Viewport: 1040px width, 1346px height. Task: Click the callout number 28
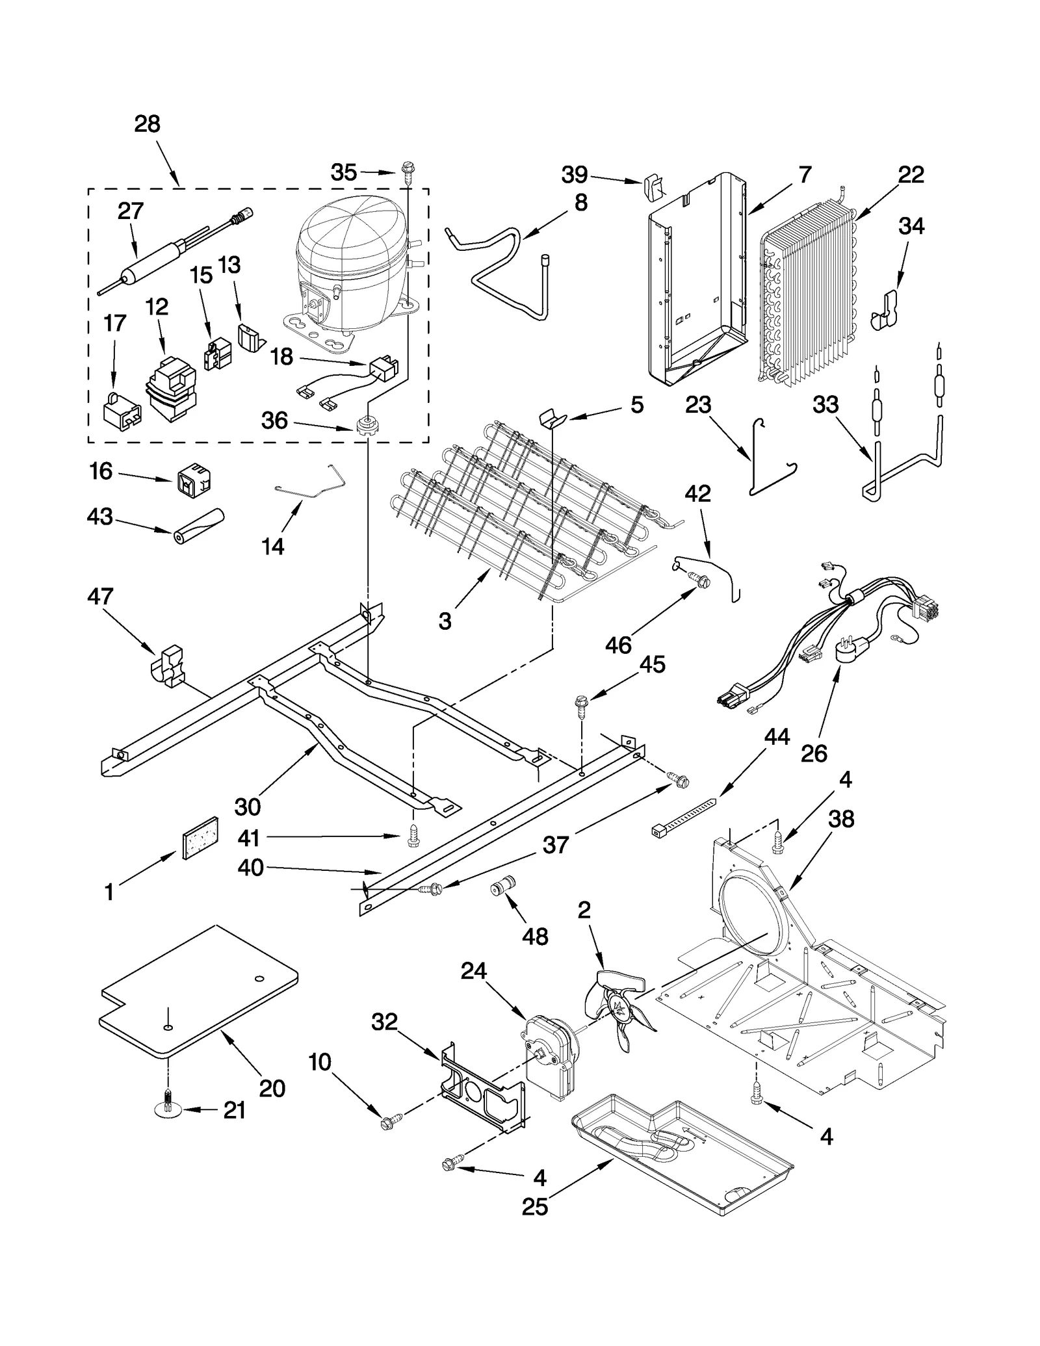click(148, 124)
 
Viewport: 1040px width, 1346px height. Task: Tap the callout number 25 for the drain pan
click(535, 1206)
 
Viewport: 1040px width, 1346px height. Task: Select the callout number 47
click(101, 596)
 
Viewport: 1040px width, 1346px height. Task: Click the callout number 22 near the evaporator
click(911, 175)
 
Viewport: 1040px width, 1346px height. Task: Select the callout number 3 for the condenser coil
click(445, 621)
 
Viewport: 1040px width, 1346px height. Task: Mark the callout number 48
click(534, 936)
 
